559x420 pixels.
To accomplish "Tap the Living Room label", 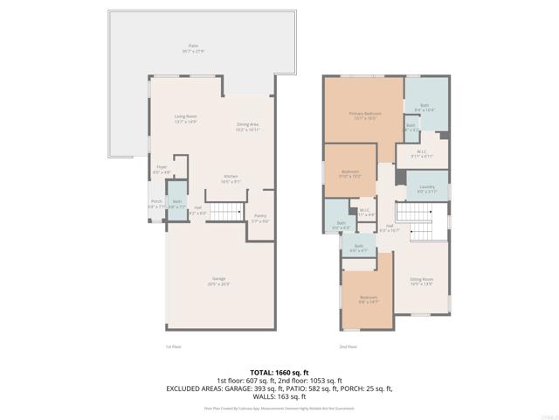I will click(185, 118).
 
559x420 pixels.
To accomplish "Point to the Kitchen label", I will click(231, 178).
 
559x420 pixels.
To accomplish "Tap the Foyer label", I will click(162, 169).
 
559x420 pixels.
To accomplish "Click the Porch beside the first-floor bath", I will click(155, 204).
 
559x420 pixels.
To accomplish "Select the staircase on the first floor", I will click(230, 211).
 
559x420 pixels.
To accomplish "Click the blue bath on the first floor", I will click(176, 204).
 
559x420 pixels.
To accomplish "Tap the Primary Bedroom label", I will click(362, 115).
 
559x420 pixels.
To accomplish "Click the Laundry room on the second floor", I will click(427, 188).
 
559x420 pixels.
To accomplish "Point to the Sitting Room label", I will click(422, 282).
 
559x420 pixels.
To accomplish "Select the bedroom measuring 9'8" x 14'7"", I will click(368, 299).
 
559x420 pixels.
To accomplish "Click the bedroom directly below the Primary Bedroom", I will click(349, 172).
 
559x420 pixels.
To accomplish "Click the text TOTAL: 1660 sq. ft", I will click(279, 373).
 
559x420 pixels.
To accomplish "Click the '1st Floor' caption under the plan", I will click(173, 346).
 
